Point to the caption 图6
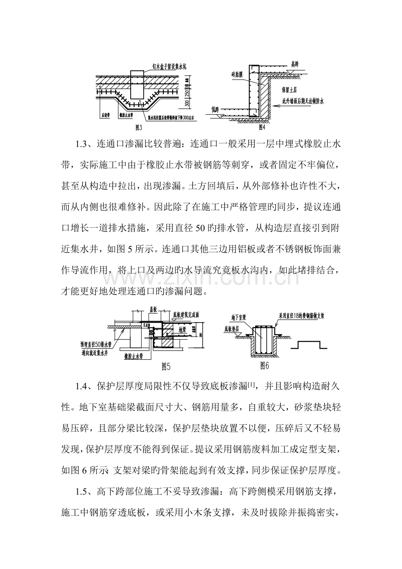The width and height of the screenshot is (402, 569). tap(264, 364)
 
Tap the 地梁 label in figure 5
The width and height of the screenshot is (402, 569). tap(177, 326)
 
